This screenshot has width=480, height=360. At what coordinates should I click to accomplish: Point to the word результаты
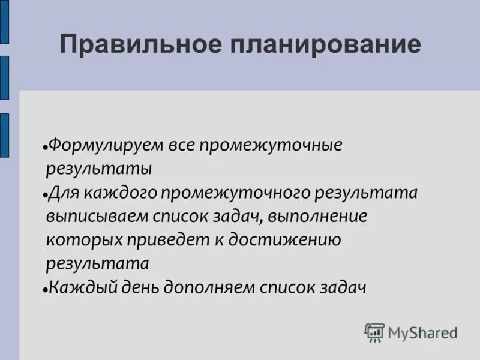[99, 169]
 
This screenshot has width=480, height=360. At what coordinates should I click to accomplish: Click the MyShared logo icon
[374, 332]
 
